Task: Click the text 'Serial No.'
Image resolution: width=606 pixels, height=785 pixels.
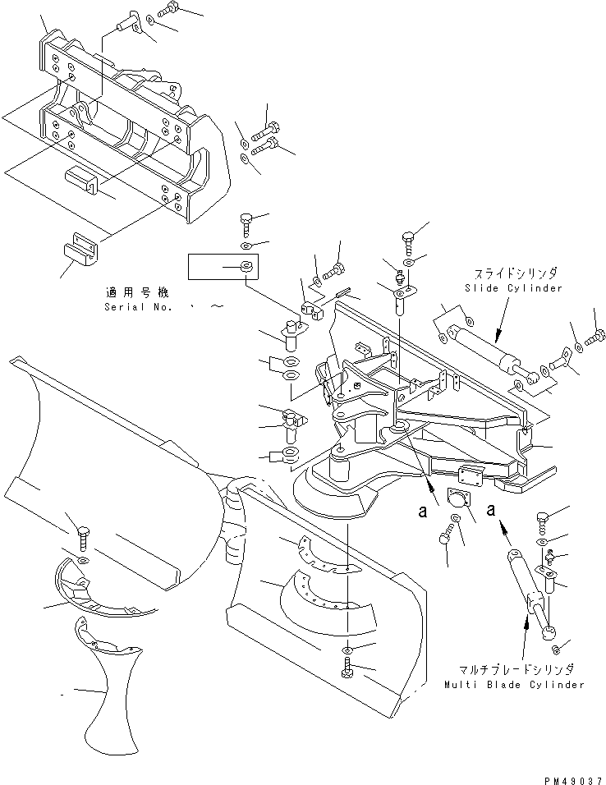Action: point(136,307)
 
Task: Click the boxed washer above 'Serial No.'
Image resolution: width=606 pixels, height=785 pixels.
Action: point(246,266)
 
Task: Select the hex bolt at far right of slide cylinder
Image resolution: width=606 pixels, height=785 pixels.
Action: point(596,336)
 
